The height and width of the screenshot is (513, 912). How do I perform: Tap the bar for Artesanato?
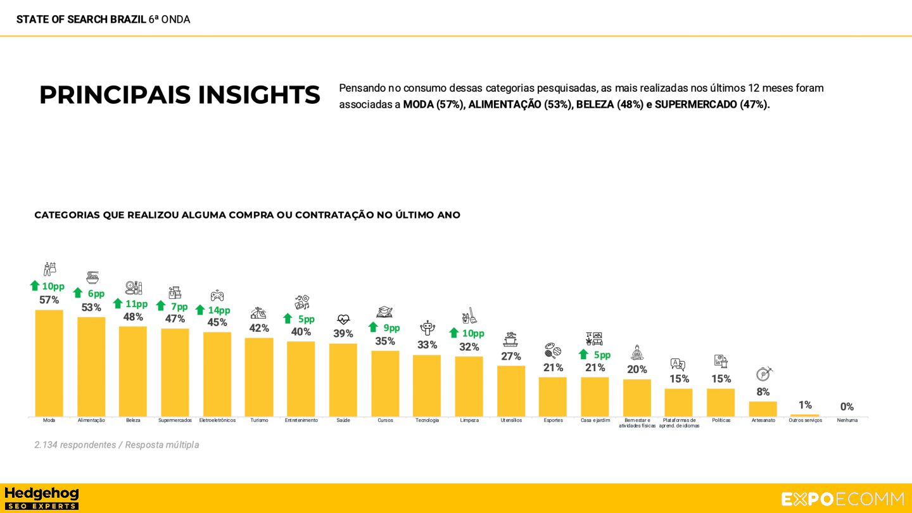pyautogui.click(x=763, y=408)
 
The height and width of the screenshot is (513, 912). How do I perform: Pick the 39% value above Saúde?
pyautogui.click(x=343, y=334)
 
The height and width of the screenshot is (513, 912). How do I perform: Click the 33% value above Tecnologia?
pyautogui.click(x=427, y=345)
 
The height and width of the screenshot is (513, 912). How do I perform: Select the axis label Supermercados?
pyautogui.click(x=175, y=421)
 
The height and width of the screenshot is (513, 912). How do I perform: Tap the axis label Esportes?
pyautogui.click(x=553, y=421)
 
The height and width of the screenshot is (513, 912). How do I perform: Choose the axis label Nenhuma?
pyautogui.click(x=847, y=421)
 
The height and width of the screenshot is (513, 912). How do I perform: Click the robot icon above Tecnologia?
pyautogui.click(x=427, y=328)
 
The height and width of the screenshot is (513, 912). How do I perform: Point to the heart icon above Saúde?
pyautogui.click(x=343, y=320)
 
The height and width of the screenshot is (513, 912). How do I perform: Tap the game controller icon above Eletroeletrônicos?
pyautogui.click(x=217, y=296)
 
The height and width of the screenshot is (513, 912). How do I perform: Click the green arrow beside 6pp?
pyautogui.click(x=78, y=293)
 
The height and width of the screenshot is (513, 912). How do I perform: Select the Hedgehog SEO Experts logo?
pyautogui.click(x=41, y=498)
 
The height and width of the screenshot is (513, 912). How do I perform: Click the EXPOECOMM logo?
pyautogui.click(x=842, y=499)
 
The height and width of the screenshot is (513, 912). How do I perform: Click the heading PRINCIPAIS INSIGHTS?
pyautogui.click(x=179, y=95)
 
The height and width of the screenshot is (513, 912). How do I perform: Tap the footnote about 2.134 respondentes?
pyautogui.click(x=117, y=445)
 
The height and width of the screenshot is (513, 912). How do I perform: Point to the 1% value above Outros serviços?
pyautogui.click(x=805, y=405)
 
